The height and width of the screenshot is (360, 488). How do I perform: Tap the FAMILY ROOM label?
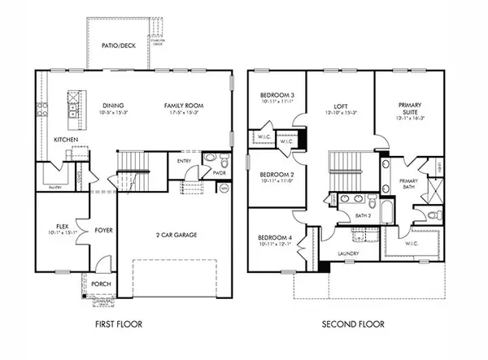pos(183,106)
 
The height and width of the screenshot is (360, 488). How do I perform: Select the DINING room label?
pos(113,106)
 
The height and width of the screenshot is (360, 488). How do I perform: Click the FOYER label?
pos(103,230)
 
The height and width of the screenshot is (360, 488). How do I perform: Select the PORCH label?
pos(101,284)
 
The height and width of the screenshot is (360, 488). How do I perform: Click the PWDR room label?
pos(219,172)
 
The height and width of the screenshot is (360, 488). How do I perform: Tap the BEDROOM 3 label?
pos(277,95)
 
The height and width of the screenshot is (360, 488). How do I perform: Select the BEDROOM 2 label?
pos(277,174)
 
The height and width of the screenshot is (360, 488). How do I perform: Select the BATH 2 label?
pos(363,215)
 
